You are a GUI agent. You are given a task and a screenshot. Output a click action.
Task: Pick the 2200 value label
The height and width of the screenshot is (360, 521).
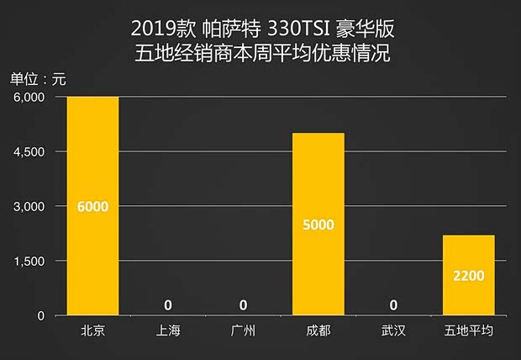click(x=469, y=274)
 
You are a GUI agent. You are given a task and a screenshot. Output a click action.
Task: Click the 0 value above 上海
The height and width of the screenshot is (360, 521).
click(x=168, y=304)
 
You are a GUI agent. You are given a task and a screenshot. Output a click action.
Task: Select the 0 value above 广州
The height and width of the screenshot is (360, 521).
click(x=243, y=304)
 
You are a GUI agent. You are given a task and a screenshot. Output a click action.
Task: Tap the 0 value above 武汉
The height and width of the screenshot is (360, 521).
click(x=393, y=304)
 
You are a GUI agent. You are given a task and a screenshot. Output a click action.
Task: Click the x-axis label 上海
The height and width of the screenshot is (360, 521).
click(x=168, y=331)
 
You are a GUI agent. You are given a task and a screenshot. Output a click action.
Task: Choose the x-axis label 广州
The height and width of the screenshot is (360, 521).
click(x=243, y=331)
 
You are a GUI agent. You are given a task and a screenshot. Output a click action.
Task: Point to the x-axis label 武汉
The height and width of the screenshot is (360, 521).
click(x=393, y=331)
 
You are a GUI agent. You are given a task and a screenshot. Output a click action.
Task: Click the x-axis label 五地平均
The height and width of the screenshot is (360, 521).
click(x=469, y=331)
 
